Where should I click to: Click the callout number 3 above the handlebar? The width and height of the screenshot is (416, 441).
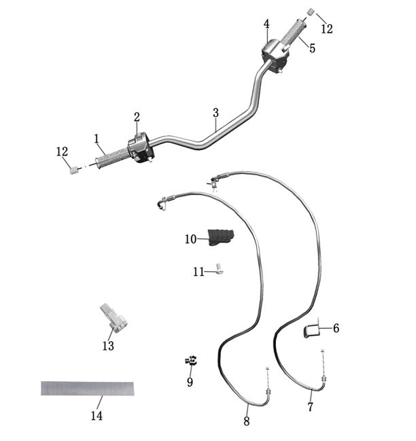tap(215, 113)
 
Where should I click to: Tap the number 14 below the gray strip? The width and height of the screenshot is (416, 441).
tap(97, 416)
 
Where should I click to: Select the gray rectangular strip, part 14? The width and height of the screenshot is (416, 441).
tap(88, 389)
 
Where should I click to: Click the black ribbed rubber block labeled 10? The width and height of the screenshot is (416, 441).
tap(221, 238)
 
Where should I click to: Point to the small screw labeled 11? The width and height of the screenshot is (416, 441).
tap(219, 268)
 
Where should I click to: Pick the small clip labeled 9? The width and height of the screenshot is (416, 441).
tap(191, 360)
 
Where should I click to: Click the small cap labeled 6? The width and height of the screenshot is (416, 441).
tap(311, 331)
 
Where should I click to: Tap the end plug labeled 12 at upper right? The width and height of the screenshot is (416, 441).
tap(310, 12)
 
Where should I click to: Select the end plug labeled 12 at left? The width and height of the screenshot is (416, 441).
tap(73, 170)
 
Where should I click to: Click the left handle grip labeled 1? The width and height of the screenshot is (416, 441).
tap(111, 159)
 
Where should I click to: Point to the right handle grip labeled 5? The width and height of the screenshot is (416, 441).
tap(293, 33)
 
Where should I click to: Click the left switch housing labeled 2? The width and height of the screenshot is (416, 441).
tap(141, 147)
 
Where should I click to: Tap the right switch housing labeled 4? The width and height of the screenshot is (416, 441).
tap(275, 56)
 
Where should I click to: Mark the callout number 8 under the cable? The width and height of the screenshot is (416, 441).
tap(246, 421)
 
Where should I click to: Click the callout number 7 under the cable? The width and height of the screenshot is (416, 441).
tap(310, 407)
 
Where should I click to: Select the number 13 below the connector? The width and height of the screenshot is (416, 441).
tap(108, 346)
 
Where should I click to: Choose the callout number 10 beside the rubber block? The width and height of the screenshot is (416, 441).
tap(190, 239)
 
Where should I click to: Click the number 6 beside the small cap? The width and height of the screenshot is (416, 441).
tap(336, 328)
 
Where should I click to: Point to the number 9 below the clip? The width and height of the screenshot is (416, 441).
tap(190, 382)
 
